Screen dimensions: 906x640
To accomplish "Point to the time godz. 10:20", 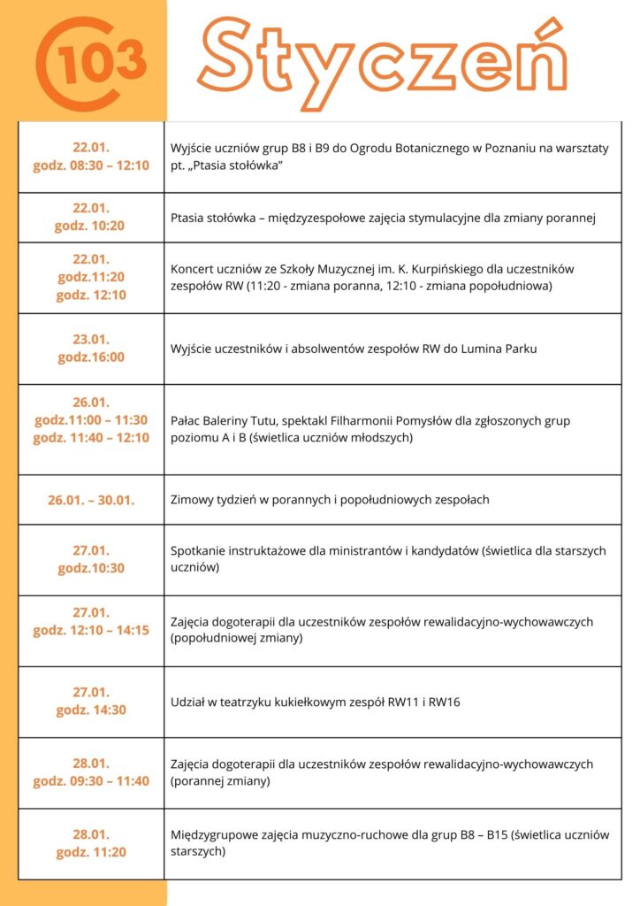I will tap(91, 226).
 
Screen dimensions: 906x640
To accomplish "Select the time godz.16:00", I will tap(91, 357).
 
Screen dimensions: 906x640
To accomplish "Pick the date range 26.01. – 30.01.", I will tap(91, 500).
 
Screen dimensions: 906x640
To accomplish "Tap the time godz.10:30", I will tap(91, 568).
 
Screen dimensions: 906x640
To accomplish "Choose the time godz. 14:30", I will tap(91, 710).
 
